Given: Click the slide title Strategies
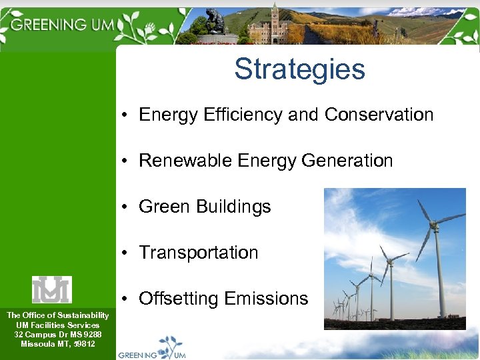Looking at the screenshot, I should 299,69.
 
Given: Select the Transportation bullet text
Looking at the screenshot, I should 198,253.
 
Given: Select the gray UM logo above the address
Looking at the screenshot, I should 52,289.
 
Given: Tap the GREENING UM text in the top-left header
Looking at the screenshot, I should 63,25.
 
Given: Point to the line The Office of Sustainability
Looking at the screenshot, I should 58,315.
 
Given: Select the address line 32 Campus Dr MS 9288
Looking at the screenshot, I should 58,334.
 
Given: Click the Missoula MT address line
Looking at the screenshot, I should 58,344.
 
